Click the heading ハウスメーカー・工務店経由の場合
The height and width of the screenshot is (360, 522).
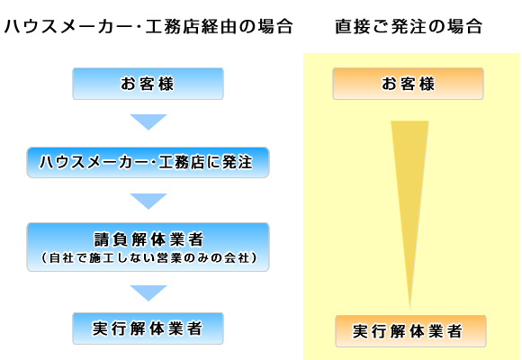(148, 27)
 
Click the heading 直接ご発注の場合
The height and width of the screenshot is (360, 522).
(409, 27)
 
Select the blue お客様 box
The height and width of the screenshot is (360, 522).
(148, 84)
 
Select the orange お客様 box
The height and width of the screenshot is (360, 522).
(408, 84)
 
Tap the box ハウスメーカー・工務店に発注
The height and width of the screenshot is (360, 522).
(148, 163)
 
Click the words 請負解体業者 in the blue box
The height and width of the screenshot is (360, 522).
(148, 239)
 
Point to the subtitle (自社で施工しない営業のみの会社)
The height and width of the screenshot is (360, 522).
(148, 257)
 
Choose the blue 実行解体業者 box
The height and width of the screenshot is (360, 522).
(148, 328)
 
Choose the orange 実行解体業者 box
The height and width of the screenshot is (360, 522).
(410, 331)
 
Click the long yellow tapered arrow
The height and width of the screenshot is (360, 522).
(409, 200)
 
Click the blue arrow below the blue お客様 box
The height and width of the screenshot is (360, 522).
(148, 122)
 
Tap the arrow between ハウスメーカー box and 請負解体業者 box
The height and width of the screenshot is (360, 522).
(148, 202)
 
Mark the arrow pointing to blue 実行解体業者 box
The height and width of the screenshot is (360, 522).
(148, 293)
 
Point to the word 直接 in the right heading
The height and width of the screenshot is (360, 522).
(353, 27)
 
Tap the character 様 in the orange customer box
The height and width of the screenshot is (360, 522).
(427, 84)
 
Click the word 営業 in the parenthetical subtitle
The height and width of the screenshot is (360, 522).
(169, 257)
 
